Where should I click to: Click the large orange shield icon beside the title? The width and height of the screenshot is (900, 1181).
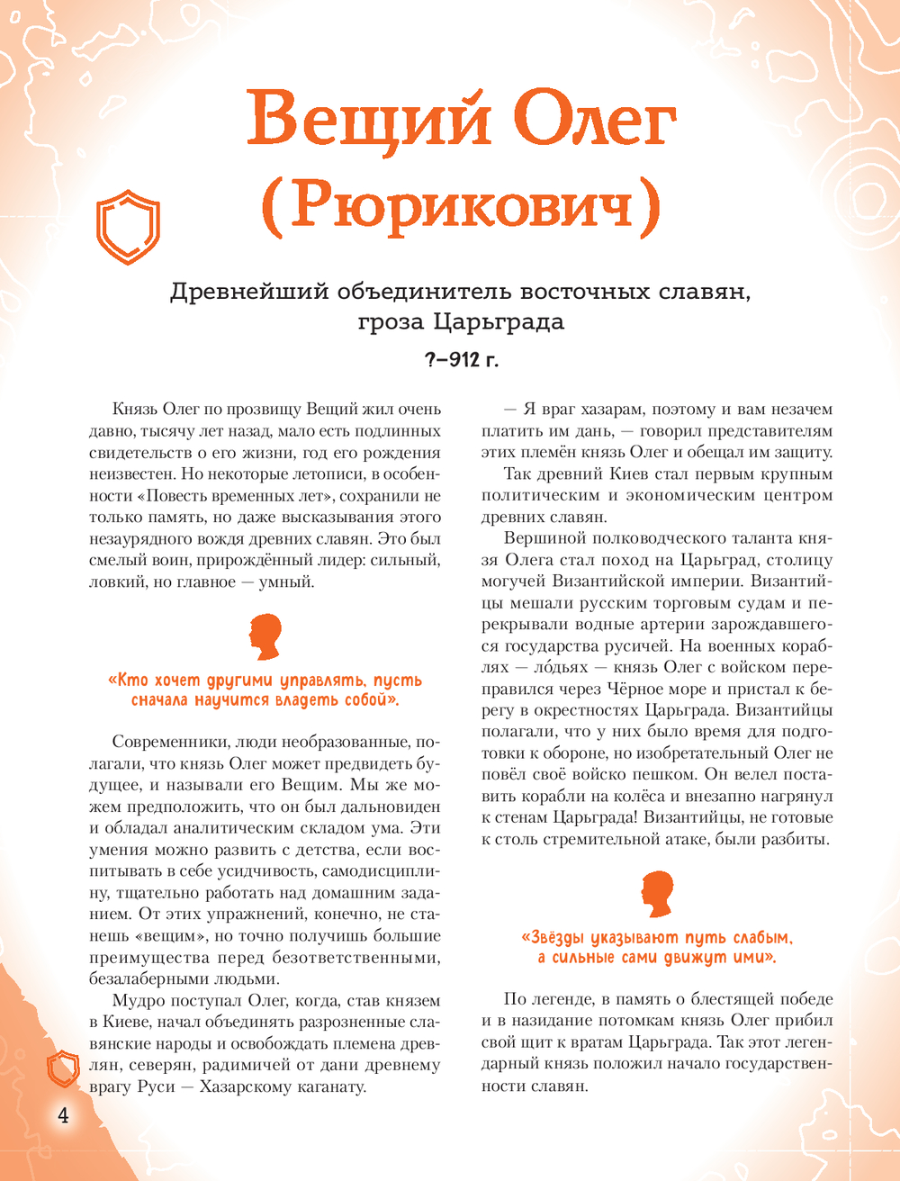pyautogui.click(x=128, y=226)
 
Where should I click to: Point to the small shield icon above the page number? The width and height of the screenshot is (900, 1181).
pyautogui.click(x=64, y=1069)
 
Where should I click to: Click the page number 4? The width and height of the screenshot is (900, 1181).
pyautogui.click(x=63, y=1116)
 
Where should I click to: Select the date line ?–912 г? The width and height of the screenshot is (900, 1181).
pyautogui.click(x=462, y=360)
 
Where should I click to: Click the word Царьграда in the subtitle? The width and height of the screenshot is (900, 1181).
pyautogui.click(x=499, y=322)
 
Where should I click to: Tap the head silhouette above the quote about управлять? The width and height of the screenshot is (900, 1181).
pyautogui.click(x=265, y=636)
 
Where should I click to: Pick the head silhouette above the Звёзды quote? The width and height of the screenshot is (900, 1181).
pyautogui.click(x=658, y=894)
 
